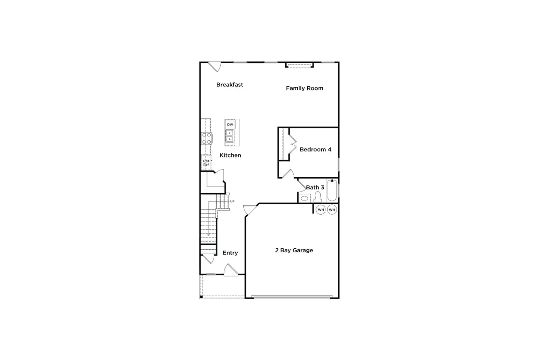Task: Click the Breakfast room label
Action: (230, 85)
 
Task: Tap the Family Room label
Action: (304, 88)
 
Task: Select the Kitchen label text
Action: (230, 155)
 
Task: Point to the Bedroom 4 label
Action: (315, 149)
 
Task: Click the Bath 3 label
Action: (315, 187)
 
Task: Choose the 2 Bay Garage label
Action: (294, 250)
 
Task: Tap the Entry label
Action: (230, 253)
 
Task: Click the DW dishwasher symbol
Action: (230, 124)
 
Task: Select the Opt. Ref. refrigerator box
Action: (206, 163)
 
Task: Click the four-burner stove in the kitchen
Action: (207, 138)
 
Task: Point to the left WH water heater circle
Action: (321, 210)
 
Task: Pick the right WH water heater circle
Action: (332, 210)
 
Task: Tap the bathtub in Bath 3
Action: (332, 190)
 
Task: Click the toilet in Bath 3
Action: (318, 197)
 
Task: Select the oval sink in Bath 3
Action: (304, 198)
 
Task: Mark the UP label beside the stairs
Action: (232, 201)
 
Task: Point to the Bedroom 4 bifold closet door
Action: (293, 144)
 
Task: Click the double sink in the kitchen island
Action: (230, 136)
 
